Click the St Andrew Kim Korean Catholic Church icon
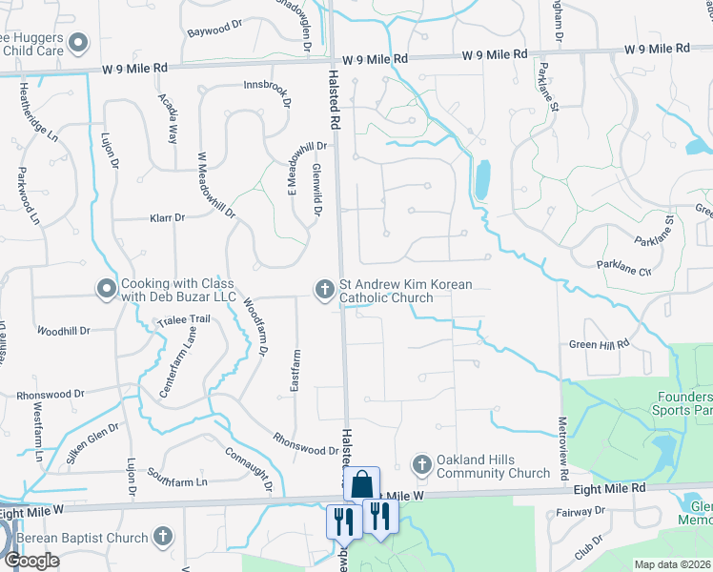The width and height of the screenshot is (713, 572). coord(323,287)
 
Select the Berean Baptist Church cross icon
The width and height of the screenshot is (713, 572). coord(163,538)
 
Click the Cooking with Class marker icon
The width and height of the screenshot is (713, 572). coord(105,287)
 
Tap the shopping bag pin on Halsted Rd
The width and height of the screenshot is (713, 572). coord(361,483)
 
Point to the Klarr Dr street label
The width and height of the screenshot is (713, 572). coord(167,218)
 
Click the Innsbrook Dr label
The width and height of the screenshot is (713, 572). coord(267,84)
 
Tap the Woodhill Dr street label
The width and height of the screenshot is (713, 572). coord(63,331)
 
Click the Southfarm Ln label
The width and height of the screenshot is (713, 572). coord(177,482)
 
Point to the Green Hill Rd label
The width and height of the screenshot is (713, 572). coord(600,344)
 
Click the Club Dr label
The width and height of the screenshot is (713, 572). coord(588,541)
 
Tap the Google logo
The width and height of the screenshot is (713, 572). coord(32,561)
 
